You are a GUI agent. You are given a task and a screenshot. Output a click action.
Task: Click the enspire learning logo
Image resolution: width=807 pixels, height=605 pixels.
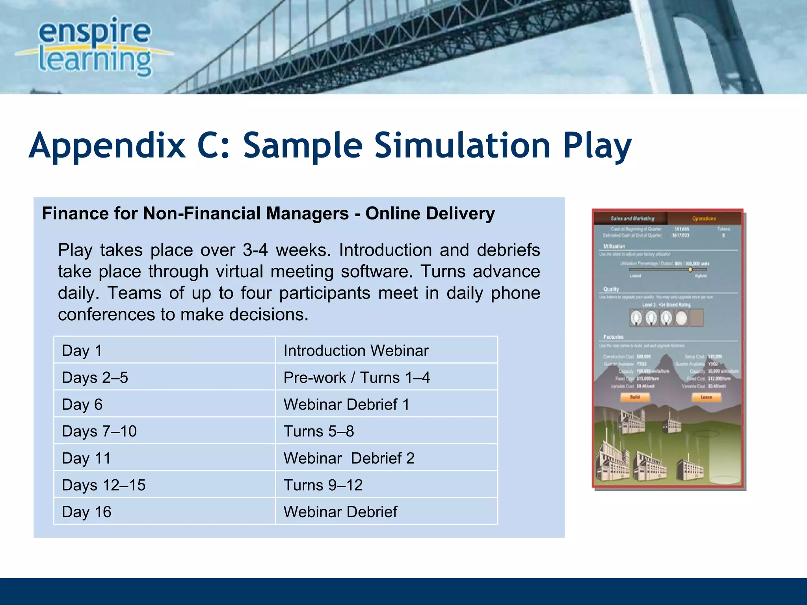point(95,47)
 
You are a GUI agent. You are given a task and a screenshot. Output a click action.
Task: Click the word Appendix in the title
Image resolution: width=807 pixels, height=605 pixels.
point(107,146)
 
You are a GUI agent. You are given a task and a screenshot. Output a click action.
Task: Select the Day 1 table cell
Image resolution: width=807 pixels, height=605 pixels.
point(164,350)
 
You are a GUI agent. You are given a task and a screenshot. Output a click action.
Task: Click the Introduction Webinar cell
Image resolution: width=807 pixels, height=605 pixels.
point(386,350)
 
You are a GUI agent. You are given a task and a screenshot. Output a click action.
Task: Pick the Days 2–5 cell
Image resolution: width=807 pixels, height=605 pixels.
point(164,377)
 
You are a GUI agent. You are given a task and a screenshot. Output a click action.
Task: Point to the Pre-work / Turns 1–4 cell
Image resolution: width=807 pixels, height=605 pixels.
point(386,377)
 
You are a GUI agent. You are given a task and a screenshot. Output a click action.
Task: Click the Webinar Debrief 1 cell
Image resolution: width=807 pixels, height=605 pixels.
point(386,404)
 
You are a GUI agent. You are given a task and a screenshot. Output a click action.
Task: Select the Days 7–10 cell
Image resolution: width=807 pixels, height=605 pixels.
point(164,431)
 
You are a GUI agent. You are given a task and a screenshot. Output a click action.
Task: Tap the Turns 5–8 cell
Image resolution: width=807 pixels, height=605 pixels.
point(386,431)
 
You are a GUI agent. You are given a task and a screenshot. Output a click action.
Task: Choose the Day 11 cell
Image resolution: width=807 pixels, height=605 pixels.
point(164,458)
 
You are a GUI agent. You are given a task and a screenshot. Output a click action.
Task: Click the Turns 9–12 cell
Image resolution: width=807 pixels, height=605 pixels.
point(386,485)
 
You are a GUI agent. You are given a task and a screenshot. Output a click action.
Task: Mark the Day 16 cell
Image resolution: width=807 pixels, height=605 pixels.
point(164,512)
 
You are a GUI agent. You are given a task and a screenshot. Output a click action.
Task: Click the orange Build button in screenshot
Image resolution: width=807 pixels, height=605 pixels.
point(635,397)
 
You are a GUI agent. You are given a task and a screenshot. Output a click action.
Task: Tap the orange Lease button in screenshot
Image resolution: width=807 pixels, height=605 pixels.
point(706,397)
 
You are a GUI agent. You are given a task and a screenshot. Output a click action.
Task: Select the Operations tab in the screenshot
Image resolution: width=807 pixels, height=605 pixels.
point(704,218)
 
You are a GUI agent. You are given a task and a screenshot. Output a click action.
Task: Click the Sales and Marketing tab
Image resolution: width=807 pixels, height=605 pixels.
point(632,218)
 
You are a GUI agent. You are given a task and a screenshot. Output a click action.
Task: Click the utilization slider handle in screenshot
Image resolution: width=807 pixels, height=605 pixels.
point(690,270)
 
